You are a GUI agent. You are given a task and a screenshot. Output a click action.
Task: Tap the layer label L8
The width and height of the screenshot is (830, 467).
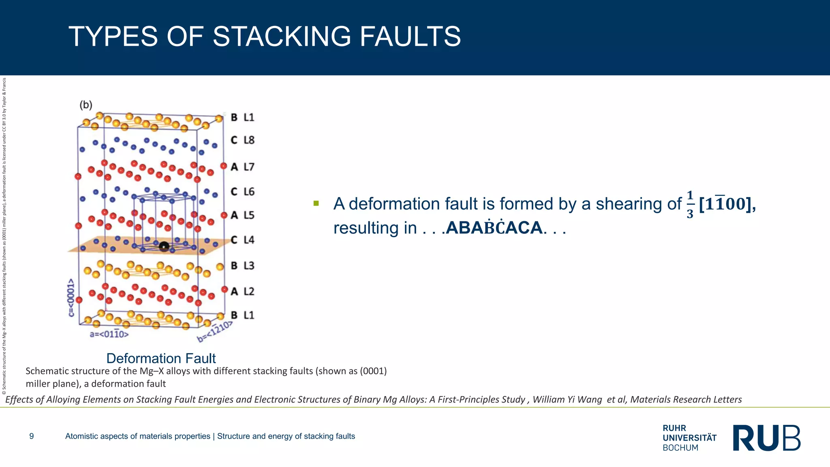249,140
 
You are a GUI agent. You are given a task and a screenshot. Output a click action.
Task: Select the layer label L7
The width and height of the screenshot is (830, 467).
249,167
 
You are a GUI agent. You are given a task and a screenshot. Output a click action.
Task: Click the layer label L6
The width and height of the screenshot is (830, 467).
249,191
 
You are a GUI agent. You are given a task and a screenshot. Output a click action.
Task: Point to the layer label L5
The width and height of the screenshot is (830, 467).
249,215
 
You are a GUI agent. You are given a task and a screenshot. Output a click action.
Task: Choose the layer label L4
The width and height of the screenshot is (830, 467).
249,240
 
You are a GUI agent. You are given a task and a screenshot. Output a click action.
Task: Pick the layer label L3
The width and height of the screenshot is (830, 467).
249,266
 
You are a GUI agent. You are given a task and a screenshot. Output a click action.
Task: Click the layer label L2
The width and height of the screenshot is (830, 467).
249,291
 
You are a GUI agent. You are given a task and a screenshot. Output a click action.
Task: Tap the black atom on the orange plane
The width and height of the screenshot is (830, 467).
164,246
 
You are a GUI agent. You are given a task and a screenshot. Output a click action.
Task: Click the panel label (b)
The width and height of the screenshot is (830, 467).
86,105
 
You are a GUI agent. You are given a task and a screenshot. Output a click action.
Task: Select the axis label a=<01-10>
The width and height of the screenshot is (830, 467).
109,334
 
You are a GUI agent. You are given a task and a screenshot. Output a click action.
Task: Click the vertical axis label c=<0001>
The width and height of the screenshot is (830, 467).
71,298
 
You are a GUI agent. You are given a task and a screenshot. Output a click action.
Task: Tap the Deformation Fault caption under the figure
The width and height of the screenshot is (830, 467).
161,358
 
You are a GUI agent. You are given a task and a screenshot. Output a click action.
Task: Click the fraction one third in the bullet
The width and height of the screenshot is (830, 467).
690,204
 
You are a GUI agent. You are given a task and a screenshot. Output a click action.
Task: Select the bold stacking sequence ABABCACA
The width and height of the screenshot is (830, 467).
494,228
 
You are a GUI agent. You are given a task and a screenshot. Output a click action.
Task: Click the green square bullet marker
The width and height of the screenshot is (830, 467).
316,203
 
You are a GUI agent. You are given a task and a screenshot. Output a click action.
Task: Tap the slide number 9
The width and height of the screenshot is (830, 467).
32,436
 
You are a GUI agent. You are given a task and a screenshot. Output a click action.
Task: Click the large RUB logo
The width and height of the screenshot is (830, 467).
767,438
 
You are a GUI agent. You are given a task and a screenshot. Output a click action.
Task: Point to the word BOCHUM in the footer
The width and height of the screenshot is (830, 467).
680,448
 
